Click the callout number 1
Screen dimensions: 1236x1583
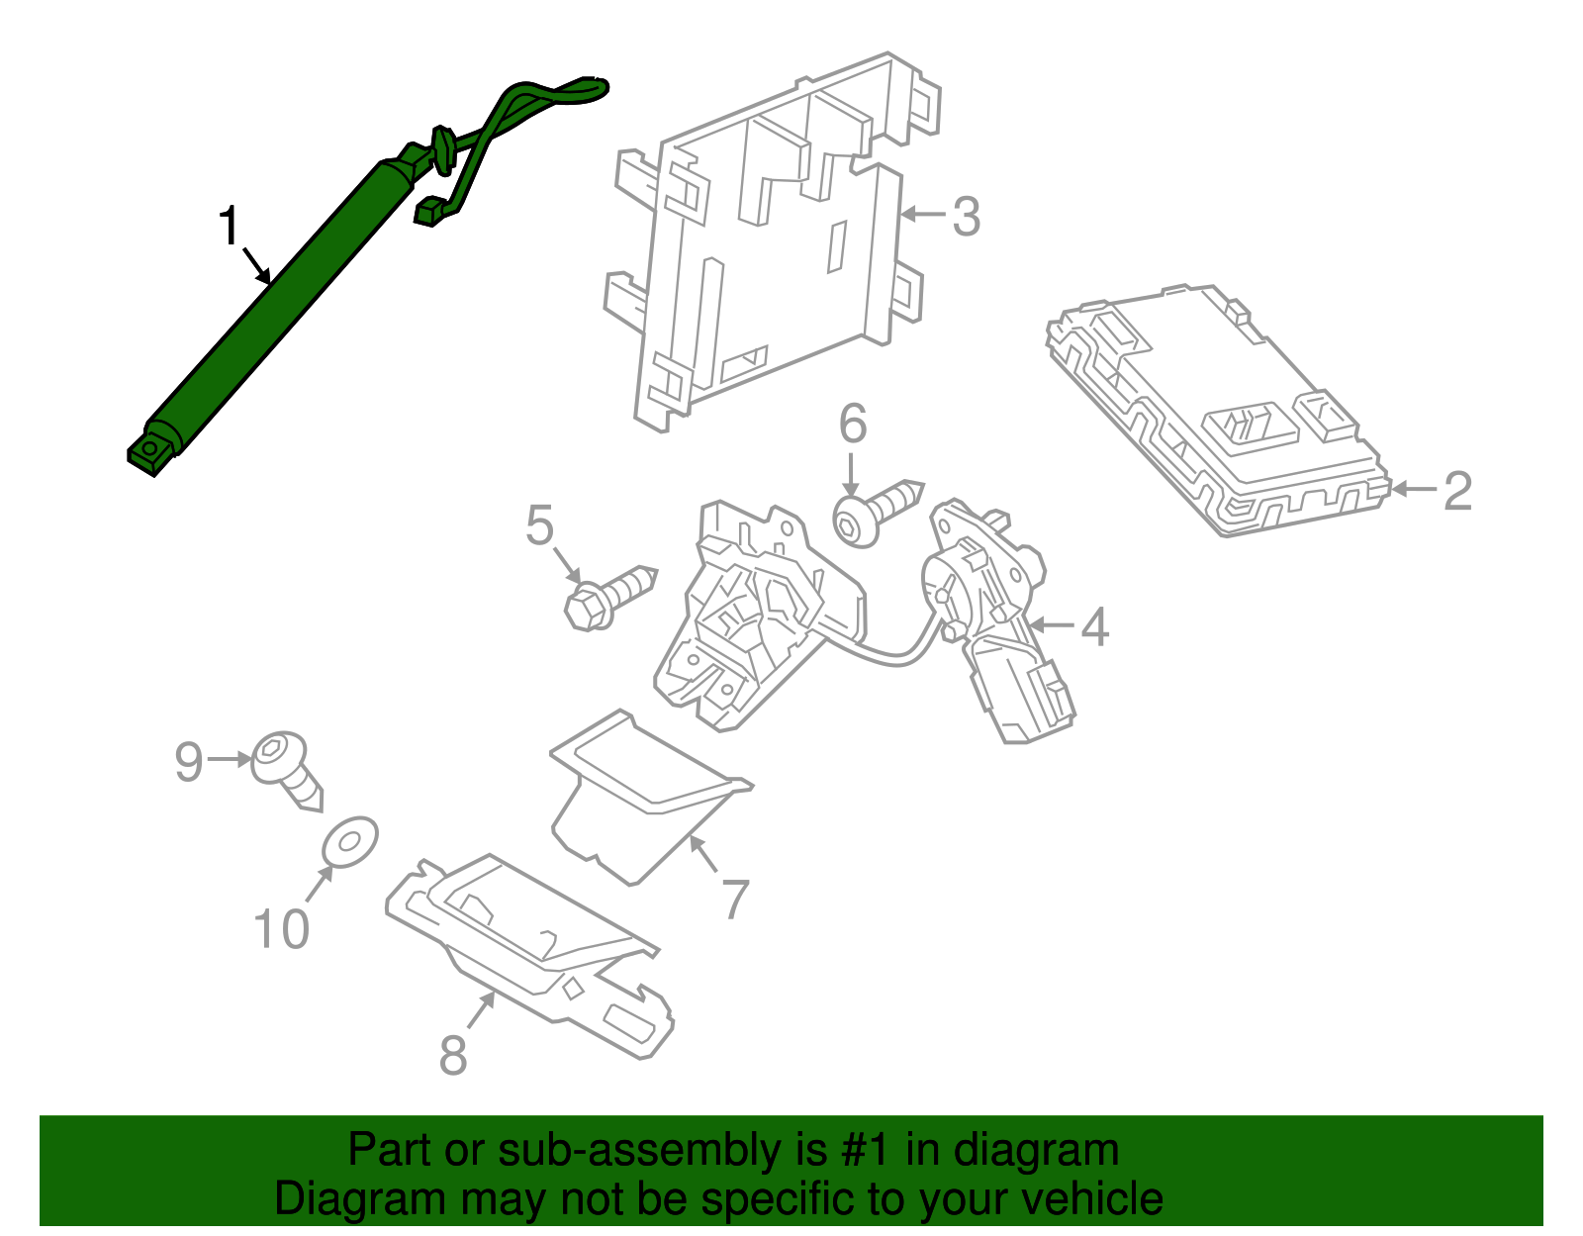click(x=229, y=227)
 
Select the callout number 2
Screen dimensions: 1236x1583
click(x=1457, y=491)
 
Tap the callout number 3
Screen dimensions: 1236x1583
click(x=966, y=216)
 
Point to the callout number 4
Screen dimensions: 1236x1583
click(x=1093, y=626)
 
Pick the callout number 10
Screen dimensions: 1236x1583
click(x=282, y=929)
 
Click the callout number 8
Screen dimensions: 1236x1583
click(x=453, y=1055)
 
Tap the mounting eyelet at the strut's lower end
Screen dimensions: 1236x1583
click(x=149, y=452)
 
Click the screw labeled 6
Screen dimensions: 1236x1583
click(x=876, y=511)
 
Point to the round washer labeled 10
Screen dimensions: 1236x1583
click(x=350, y=841)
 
